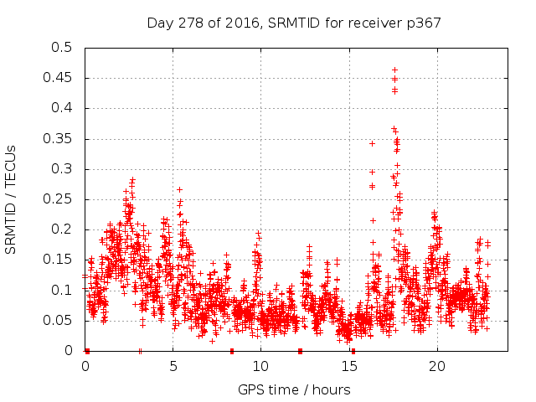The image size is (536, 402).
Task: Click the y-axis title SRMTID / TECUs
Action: tap(11, 198)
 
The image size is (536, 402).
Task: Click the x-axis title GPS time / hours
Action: tap(294, 389)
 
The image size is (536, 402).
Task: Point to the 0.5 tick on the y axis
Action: tap(62, 48)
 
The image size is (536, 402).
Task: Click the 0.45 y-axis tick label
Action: tap(59, 78)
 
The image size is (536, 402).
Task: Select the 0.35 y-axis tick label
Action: tap(59, 138)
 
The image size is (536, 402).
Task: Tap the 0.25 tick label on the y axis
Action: tap(59, 199)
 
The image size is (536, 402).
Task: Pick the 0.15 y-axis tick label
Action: tap(59, 260)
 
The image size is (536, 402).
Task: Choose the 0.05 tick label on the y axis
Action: tap(59, 320)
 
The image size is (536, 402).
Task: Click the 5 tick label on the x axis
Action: tap(173, 366)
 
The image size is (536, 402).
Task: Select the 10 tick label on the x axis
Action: tap(261, 366)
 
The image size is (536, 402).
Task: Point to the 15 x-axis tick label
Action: tap(349, 366)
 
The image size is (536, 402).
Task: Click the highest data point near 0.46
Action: tap(394, 70)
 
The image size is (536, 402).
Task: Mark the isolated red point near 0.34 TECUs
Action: tap(372, 143)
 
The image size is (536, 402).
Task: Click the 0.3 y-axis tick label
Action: tap(62, 169)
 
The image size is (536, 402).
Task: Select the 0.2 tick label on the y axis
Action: tap(62, 229)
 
